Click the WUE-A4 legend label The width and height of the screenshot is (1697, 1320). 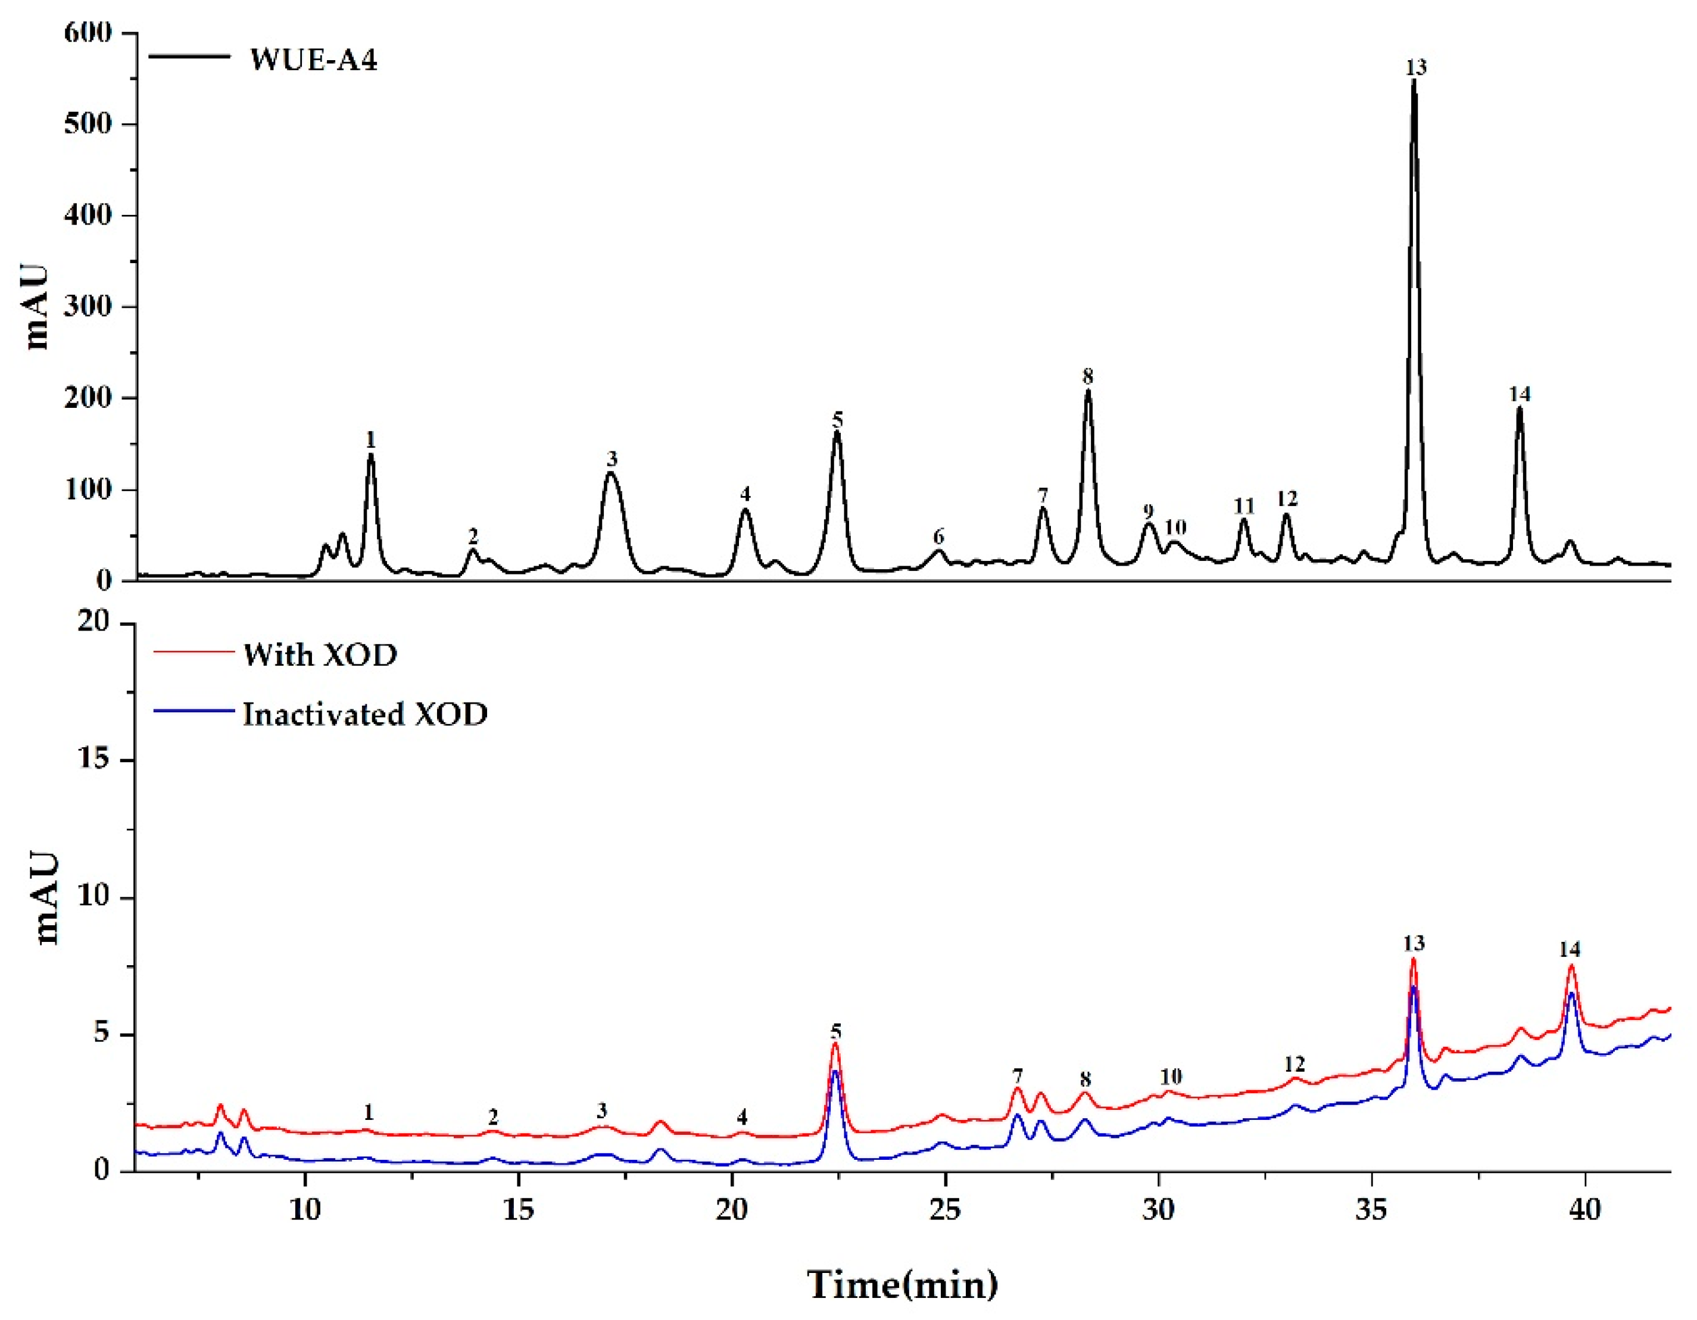click(313, 60)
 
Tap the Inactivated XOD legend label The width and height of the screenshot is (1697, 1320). click(365, 714)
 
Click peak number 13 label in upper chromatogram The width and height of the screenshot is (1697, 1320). click(1416, 68)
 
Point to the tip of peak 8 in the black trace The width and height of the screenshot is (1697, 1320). click(1088, 391)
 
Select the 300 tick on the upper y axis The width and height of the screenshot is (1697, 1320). click(88, 307)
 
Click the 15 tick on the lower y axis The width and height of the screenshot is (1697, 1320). click(95, 760)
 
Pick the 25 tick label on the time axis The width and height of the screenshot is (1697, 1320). click(945, 1210)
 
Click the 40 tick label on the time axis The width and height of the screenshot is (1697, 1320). click(1584, 1210)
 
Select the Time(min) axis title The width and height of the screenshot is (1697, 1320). click(902, 1285)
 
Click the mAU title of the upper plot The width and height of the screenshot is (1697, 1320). click(36, 307)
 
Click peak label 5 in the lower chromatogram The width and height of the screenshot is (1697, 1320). click(835, 1032)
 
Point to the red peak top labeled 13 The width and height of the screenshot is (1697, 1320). click(1414, 960)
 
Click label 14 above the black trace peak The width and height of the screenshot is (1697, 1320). click(1519, 395)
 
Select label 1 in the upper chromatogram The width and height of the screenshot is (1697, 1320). click(370, 441)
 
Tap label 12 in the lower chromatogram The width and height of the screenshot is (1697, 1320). click(1294, 1063)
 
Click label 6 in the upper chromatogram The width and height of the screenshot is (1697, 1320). click(938, 536)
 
